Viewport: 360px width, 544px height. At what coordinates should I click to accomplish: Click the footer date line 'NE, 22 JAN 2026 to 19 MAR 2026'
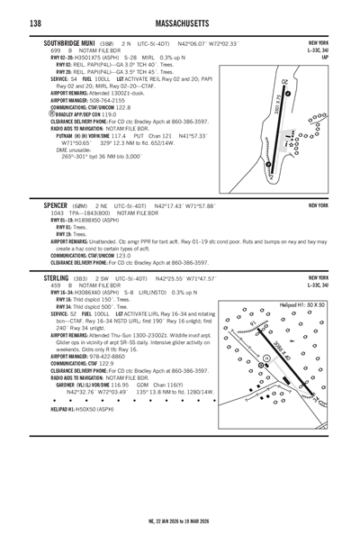[x=179, y=521]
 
